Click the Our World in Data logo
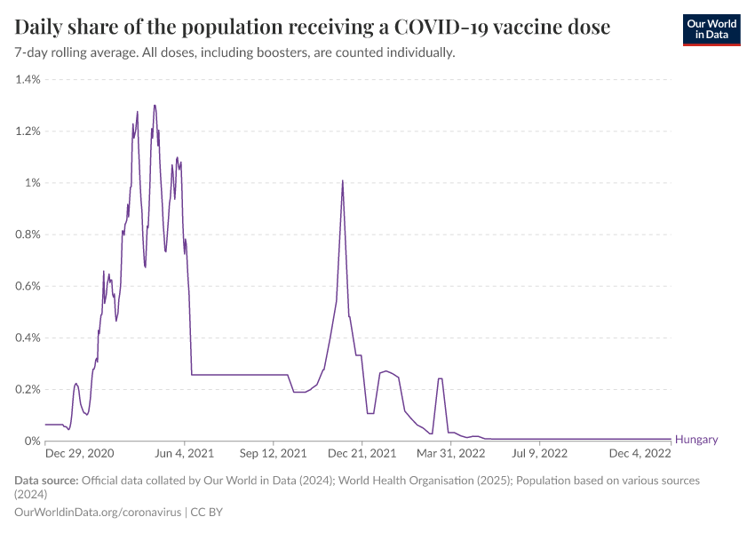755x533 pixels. click(711, 29)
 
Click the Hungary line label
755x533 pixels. click(696, 440)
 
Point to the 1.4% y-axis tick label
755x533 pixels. click(28, 80)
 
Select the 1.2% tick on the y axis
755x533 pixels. click(28, 131)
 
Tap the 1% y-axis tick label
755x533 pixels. click(33, 183)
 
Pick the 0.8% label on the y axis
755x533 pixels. click(28, 235)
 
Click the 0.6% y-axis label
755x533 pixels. click(28, 286)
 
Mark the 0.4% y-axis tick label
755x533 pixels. click(28, 338)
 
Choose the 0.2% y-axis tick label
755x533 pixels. click(28, 389)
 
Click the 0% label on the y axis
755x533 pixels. click(33, 441)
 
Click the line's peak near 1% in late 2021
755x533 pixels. click(342, 181)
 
